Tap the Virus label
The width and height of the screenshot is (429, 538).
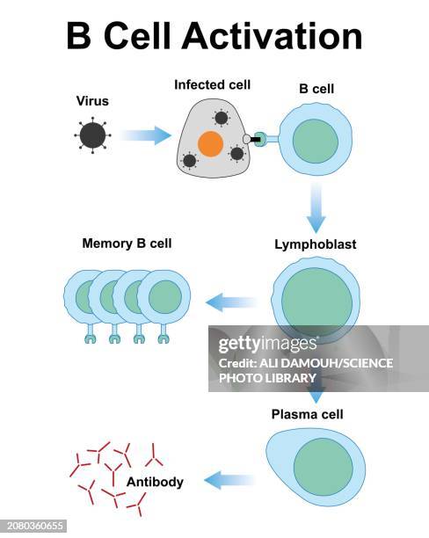(92, 101)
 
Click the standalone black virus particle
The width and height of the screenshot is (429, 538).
(92, 135)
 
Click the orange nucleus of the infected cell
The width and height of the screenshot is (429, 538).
(210, 144)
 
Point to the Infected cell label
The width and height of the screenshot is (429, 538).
(212, 85)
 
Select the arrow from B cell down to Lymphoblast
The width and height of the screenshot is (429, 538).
(315, 209)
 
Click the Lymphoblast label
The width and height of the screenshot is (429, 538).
(315, 245)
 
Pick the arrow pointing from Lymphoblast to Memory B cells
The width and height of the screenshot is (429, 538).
(230, 303)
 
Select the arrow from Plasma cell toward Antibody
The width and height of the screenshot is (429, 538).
(229, 480)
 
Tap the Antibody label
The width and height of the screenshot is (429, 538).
(155, 482)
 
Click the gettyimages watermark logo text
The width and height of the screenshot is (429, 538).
(267, 342)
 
